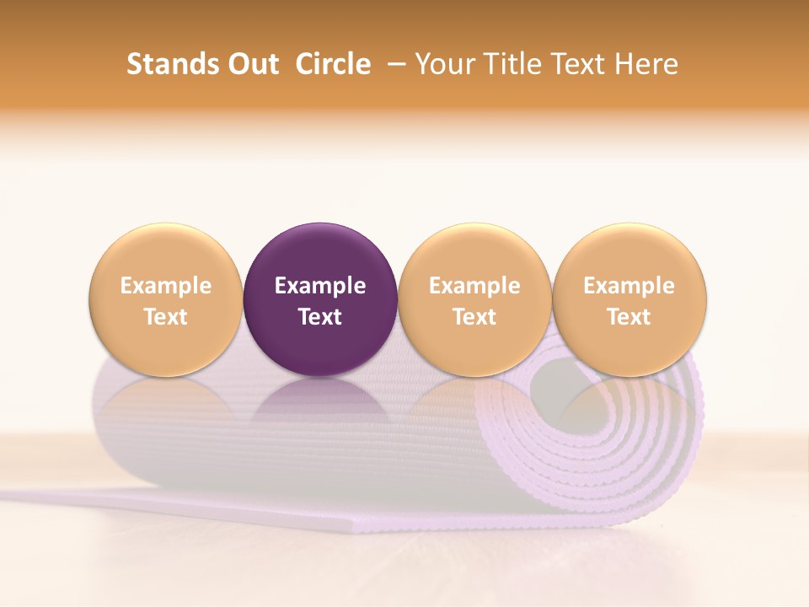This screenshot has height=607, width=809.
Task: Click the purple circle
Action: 320,299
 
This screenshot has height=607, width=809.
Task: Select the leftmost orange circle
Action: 166,299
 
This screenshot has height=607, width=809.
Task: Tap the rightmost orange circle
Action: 630,299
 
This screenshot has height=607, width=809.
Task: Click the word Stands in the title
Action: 172,64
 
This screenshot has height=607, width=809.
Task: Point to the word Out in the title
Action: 251,64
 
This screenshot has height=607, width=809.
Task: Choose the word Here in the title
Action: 646,64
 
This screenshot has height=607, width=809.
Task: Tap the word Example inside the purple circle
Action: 320,286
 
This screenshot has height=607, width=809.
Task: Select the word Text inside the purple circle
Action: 320,317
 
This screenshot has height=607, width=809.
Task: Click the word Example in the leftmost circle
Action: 166,286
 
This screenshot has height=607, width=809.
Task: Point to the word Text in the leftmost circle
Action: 166,317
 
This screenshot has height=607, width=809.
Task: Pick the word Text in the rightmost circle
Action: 630,317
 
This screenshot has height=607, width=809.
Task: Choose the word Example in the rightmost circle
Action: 630,286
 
